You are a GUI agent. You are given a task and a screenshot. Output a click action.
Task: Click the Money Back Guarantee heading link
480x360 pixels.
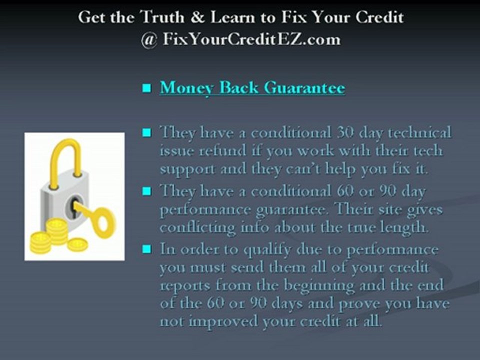252,88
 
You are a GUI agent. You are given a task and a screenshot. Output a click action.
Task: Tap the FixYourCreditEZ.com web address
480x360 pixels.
251,39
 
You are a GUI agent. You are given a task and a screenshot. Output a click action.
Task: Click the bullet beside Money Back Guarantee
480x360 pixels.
146,89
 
